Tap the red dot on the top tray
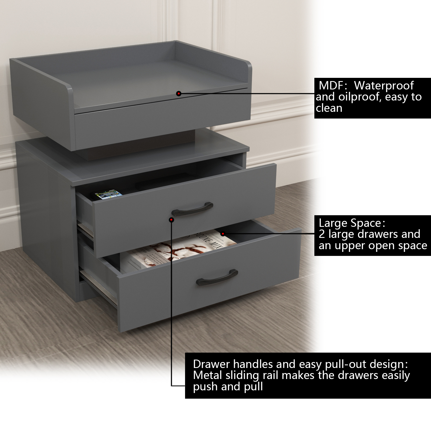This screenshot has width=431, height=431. (178, 93)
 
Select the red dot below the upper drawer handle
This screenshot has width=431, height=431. (171, 220)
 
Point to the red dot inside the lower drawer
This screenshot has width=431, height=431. (223, 234)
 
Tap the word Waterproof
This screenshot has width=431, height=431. (384, 86)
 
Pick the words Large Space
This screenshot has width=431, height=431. (350, 223)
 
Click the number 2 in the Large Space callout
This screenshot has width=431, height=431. (322, 234)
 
